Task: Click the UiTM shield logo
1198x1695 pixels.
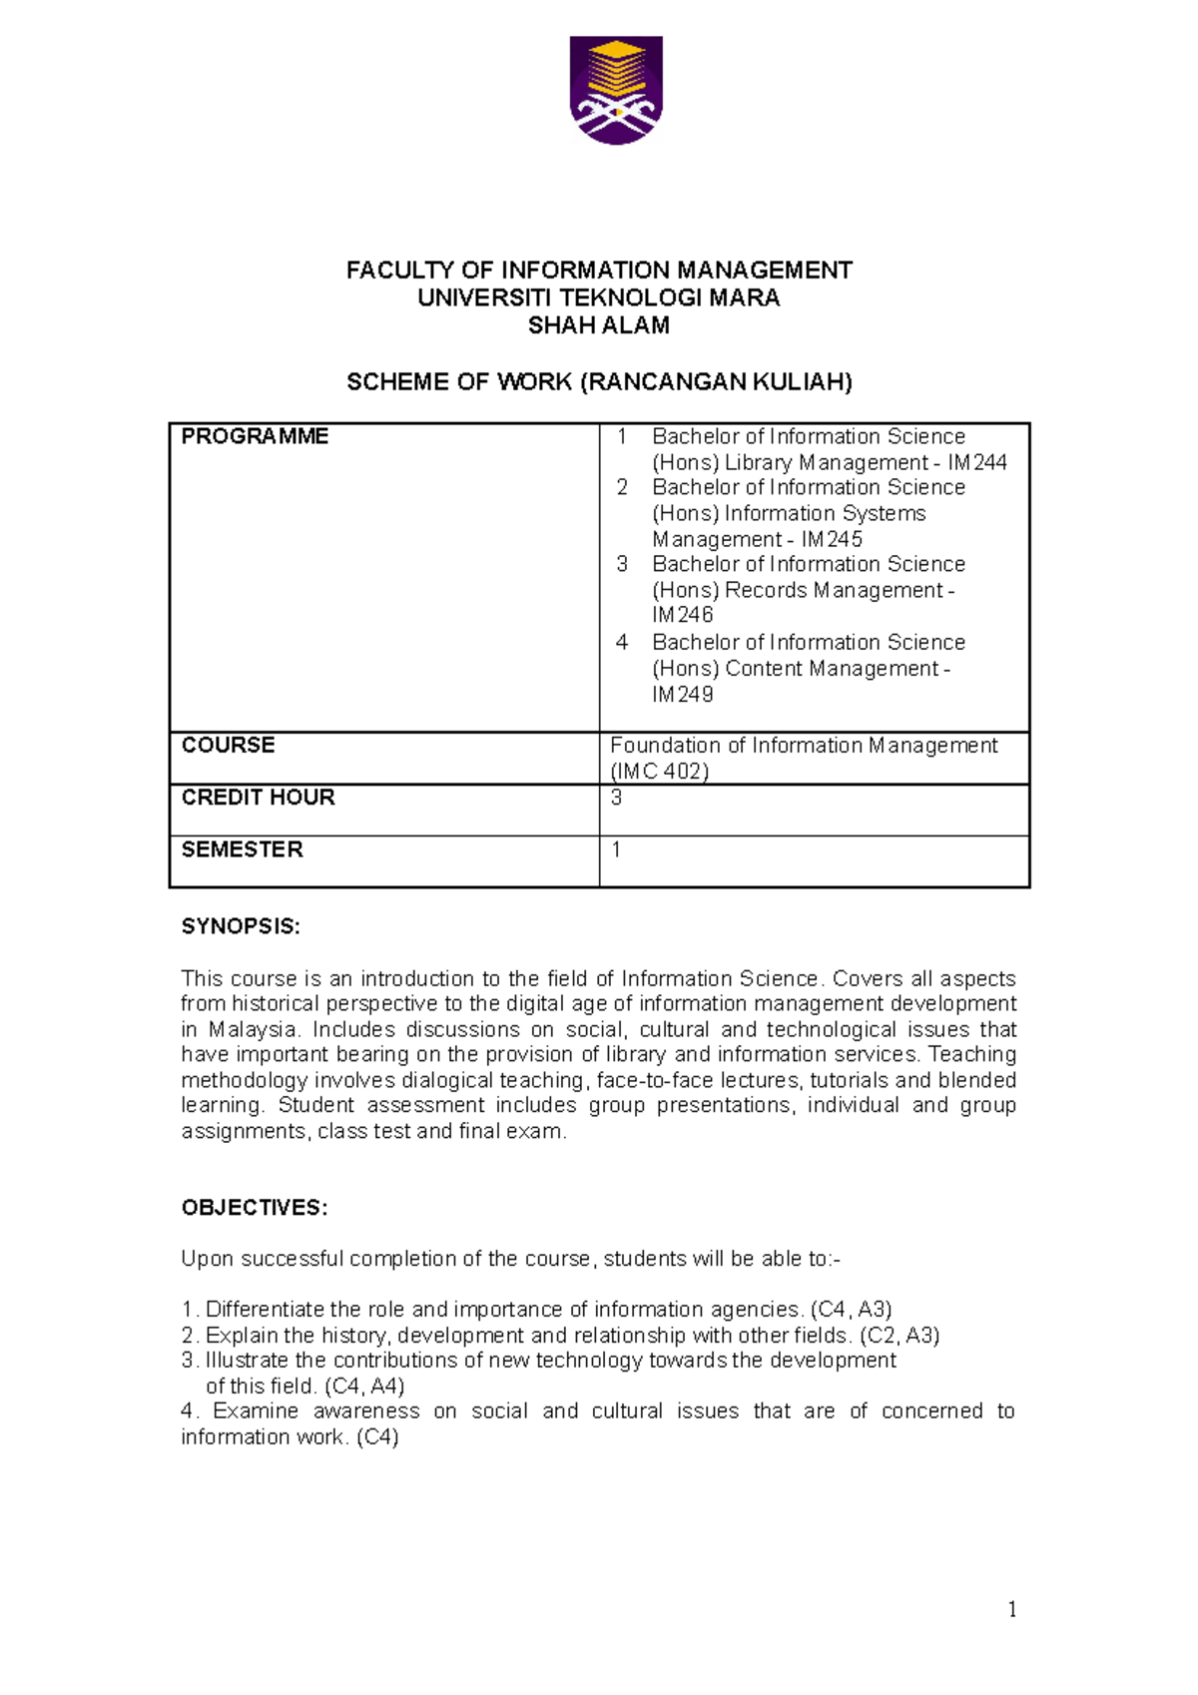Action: coord(616,91)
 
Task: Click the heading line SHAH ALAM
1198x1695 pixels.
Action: coord(598,325)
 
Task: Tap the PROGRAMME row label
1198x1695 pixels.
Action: coord(255,436)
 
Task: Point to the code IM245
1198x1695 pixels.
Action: coord(832,539)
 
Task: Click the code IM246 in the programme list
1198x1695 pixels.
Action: coord(683,615)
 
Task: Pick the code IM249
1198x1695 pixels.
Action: coord(683,694)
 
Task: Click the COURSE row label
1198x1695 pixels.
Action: coord(228,745)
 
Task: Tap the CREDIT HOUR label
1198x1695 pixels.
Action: coord(258,797)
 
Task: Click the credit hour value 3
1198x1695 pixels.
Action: coord(616,797)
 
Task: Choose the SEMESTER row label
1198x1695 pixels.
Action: coord(242,848)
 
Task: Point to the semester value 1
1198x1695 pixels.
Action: coord(616,848)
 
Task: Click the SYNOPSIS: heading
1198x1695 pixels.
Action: coord(240,926)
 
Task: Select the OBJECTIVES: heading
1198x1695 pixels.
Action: coord(254,1208)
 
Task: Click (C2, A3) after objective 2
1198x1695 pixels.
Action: coord(898,1336)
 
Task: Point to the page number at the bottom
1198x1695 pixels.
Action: coord(1012,1608)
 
